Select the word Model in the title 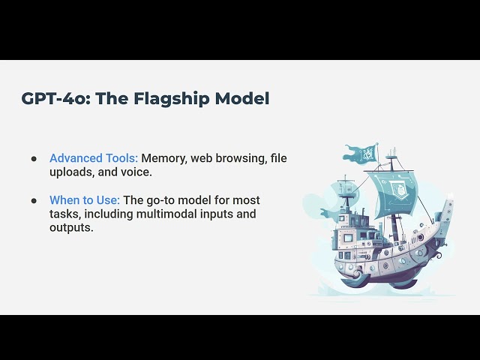(x=241, y=98)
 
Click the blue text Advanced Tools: (x=94, y=158)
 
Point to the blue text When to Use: (x=85, y=200)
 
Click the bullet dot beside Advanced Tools (x=34, y=159)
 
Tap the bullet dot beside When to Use (x=34, y=201)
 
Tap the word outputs (x=71, y=227)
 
